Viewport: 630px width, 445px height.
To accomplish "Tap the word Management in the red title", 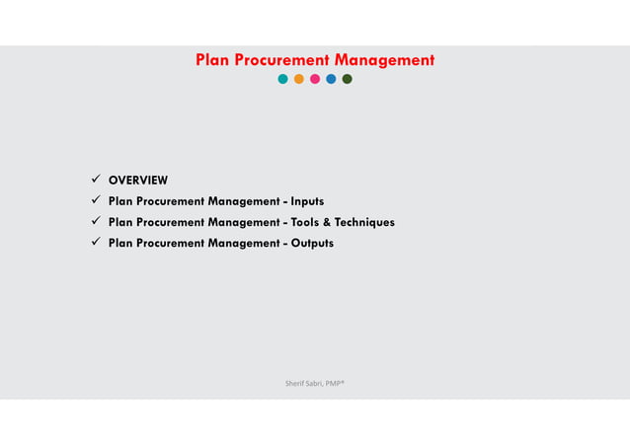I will coord(384,60).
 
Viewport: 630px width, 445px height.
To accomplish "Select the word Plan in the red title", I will coord(211,60).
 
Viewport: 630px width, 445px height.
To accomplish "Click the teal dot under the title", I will coord(283,79).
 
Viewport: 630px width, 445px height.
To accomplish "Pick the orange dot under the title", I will coord(299,79).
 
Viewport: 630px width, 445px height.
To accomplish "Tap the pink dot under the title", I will coord(315,79).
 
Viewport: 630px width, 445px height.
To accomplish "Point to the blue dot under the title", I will coord(331,79).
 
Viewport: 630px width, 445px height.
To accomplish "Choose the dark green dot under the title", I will coord(347,79).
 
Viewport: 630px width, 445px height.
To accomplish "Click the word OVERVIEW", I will coord(138,180).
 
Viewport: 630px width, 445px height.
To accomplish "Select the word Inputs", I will coord(307,201).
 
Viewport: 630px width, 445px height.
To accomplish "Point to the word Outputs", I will coord(312,243).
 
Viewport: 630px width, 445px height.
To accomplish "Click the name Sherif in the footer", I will coord(294,381).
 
